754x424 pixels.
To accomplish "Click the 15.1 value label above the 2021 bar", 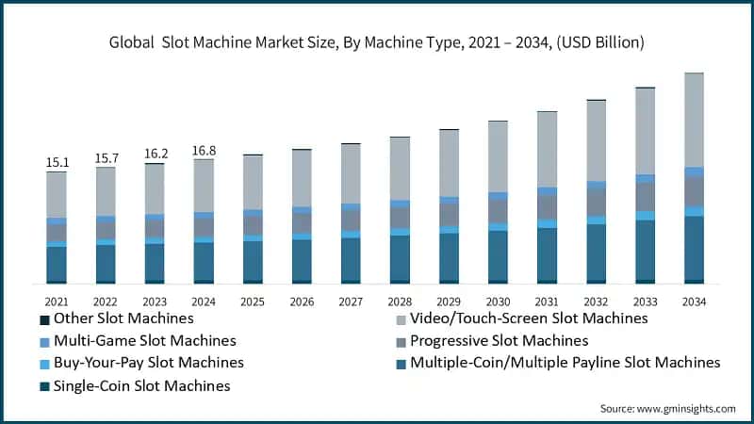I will (57, 162).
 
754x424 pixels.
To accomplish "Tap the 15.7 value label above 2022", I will (106, 157).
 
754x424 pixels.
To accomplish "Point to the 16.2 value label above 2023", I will (155, 154).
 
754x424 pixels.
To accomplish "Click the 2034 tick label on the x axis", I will (694, 301).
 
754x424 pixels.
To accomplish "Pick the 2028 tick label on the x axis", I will (400, 301).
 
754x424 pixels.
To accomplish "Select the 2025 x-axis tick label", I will (253, 301).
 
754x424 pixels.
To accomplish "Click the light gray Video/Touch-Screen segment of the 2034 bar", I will (694, 120).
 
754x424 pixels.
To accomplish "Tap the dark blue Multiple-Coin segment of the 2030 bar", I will (498, 254).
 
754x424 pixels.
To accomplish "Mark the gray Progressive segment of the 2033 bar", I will (645, 196).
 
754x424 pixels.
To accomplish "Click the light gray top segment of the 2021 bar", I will (57, 195).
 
